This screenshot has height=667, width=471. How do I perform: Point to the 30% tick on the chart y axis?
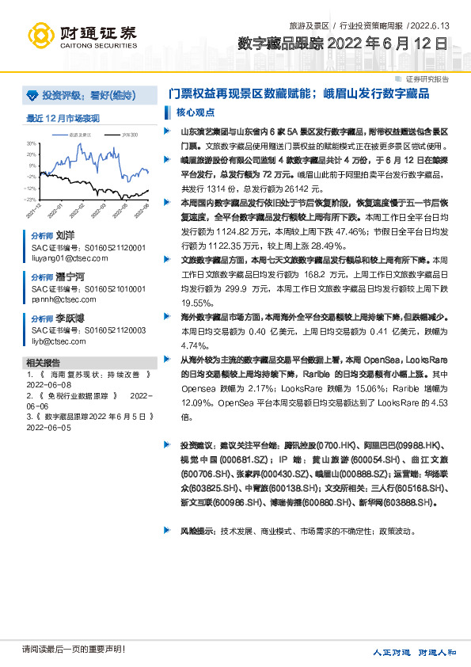coord(32,144)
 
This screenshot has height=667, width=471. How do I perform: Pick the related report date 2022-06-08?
coord(49,387)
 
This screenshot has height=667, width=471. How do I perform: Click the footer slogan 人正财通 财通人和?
coord(415,652)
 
